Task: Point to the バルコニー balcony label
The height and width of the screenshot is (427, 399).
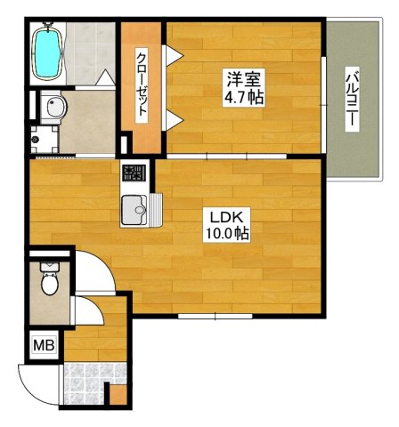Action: (x=353, y=99)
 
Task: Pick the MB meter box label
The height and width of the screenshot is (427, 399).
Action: (x=44, y=345)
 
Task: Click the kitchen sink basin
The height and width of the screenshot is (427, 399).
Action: (x=134, y=210)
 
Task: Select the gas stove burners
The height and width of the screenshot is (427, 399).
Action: (x=134, y=173)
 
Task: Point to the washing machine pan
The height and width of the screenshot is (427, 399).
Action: (x=45, y=140)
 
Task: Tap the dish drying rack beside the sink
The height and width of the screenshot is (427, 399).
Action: (x=155, y=210)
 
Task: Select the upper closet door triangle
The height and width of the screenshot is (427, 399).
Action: (x=173, y=55)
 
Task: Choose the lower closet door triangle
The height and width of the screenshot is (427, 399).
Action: (x=173, y=120)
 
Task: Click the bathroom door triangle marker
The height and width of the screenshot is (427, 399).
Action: (x=105, y=77)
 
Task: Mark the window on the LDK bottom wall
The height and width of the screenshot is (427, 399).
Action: (x=216, y=316)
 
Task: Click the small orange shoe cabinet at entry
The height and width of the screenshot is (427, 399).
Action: (x=118, y=395)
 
